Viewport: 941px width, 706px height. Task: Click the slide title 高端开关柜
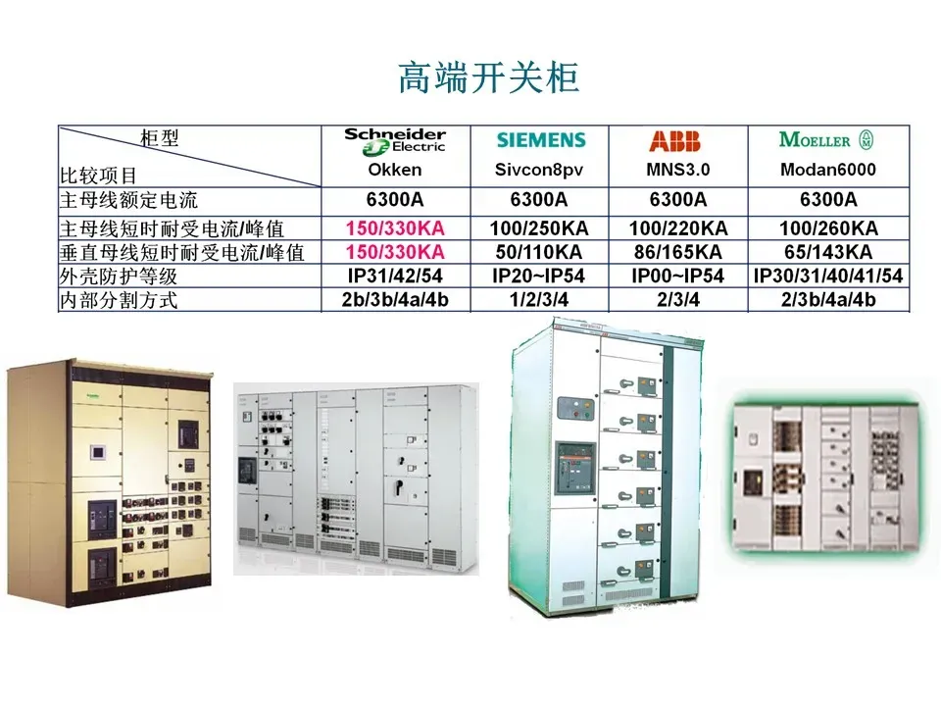[487, 77]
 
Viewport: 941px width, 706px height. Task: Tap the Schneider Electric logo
[394, 141]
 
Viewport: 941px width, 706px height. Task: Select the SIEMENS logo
[540, 141]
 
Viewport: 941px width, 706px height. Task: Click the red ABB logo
[674, 141]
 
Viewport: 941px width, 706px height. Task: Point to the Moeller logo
[825, 140]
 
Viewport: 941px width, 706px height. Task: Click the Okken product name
[394, 170]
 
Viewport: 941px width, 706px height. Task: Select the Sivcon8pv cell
[539, 170]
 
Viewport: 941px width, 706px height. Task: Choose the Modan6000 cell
[827, 170]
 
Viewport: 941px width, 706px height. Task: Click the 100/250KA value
[539, 228]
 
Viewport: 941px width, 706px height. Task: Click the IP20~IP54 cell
[539, 276]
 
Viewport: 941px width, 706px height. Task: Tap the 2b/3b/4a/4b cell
[394, 299]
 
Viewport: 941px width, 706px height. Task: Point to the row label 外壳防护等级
[120, 277]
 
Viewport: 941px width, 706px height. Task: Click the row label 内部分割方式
[120, 300]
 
